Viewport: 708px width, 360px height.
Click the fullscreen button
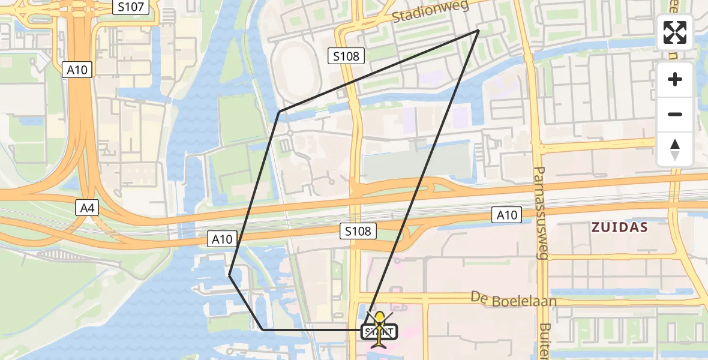(675, 32)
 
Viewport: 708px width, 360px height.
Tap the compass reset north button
(675, 149)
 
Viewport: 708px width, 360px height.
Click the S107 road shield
(131, 7)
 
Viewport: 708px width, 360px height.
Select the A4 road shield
(87, 208)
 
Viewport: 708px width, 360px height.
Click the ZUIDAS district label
(620, 227)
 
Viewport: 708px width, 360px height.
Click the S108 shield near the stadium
(347, 56)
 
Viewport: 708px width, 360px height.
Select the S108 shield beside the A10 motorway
(358, 231)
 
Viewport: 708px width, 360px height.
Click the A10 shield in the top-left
(77, 70)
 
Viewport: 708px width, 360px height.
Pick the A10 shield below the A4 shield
(222, 239)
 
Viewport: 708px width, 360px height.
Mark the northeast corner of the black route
(479, 30)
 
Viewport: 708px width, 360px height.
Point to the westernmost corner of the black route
(230, 275)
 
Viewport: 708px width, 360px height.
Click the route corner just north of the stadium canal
(279, 112)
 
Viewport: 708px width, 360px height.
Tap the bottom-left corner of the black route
(263, 329)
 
